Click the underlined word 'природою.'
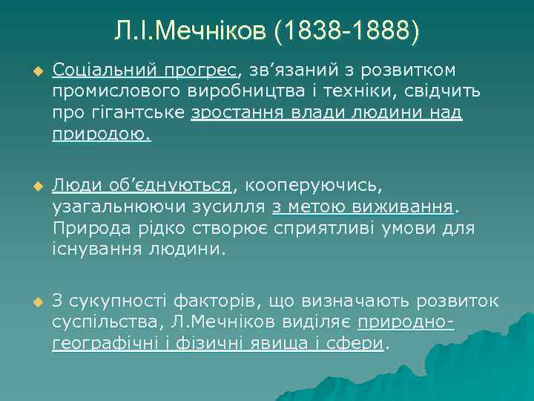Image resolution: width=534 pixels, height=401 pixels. (102, 135)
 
